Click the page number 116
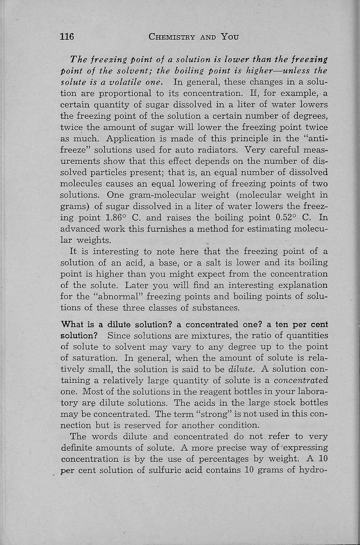(67, 37)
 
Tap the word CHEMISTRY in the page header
(172, 37)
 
